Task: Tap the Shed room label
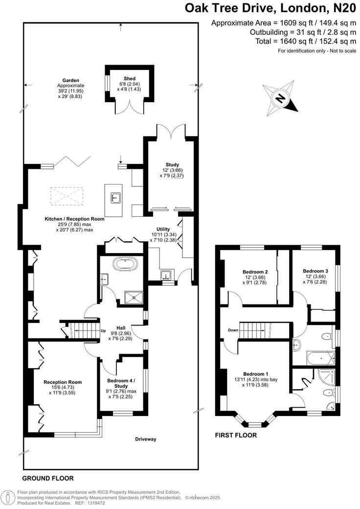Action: click(x=129, y=78)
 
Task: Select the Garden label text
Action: click(x=70, y=80)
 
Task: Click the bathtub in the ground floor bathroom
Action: click(x=126, y=265)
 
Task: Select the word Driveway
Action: click(x=146, y=439)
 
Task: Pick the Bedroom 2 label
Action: click(x=255, y=272)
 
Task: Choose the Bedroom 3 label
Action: click(x=315, y=271)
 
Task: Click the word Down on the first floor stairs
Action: click(x=234, y=330)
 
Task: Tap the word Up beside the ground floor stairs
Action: click(x=103, y=331)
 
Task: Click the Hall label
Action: click(x=122, y=328)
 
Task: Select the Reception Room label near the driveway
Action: click(x=63, y=382)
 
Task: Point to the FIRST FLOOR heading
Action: click(x=236, y=435)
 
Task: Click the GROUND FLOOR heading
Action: click(x=48, y=478)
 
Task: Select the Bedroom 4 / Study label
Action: click(x=121, y=381)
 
